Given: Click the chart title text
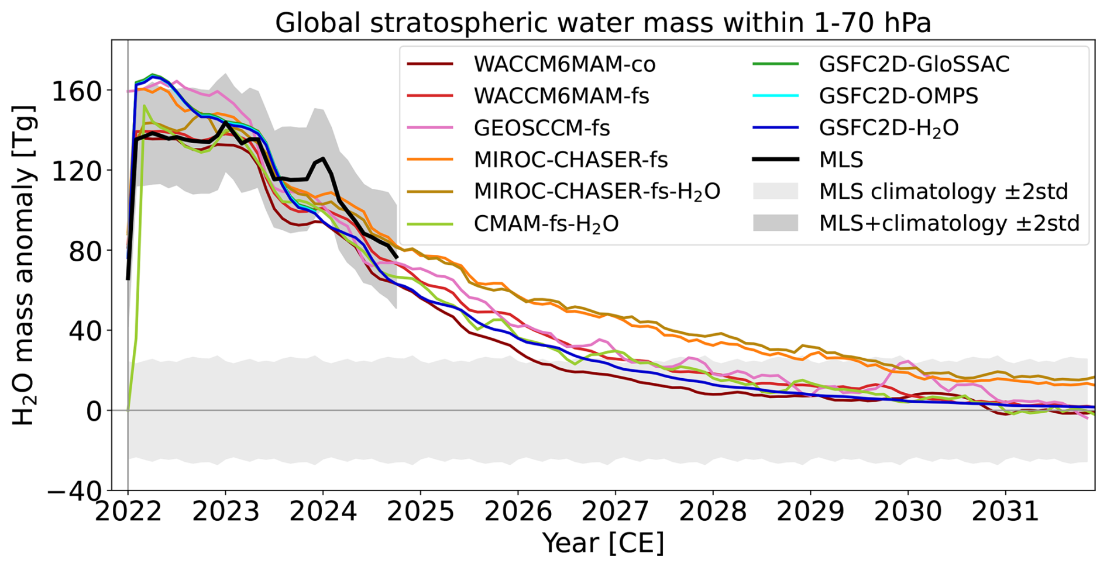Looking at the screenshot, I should point(603,23).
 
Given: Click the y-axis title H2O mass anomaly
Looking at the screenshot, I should point(25,266).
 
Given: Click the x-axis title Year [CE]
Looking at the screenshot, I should point(603,542).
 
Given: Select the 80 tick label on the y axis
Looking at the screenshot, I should point(85,251).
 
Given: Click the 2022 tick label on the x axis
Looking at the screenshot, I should point(128,512).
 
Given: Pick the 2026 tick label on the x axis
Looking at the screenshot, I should point(518,512).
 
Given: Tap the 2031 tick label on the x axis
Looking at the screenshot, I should point(1006,512).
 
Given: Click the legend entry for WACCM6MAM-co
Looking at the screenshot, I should point(565,64).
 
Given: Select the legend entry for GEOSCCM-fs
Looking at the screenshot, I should point(542,128).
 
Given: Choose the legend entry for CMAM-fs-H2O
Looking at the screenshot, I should point(546,224).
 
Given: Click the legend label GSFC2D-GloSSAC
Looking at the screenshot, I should point(914,64).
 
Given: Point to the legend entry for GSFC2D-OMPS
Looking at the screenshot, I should point(898,96).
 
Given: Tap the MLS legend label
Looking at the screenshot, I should point(841,160).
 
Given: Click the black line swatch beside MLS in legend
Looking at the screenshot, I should point(775,160).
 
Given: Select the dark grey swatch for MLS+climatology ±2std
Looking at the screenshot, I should point(775,223).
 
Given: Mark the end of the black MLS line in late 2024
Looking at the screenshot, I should point(397,257).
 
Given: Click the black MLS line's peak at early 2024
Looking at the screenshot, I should point(323,158).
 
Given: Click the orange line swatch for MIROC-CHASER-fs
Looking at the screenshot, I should point(430,160).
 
